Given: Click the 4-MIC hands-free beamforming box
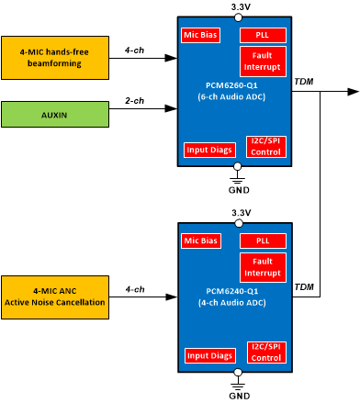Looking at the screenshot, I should click(54, 57).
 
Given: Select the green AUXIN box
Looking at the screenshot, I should click(54, 114).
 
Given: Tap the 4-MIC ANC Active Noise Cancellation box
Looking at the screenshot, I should click(54, 295).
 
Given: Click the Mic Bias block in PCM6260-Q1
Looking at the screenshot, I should click(201, 36).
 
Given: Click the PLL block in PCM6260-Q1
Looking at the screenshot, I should click(263, 36).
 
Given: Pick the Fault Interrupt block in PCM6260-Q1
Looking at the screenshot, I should click(263, 62).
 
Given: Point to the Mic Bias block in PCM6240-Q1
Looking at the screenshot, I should click(201, 241).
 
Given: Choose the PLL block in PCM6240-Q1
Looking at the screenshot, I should click(263, 241).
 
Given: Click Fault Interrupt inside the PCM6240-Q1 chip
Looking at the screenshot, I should click(263, 267).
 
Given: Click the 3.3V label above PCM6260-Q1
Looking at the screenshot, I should click(239, 7).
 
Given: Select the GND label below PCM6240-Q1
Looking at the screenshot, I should click(239, 396).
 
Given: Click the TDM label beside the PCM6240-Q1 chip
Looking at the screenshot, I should click(303, 287).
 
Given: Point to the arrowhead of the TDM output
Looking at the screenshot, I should click(353, 92).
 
